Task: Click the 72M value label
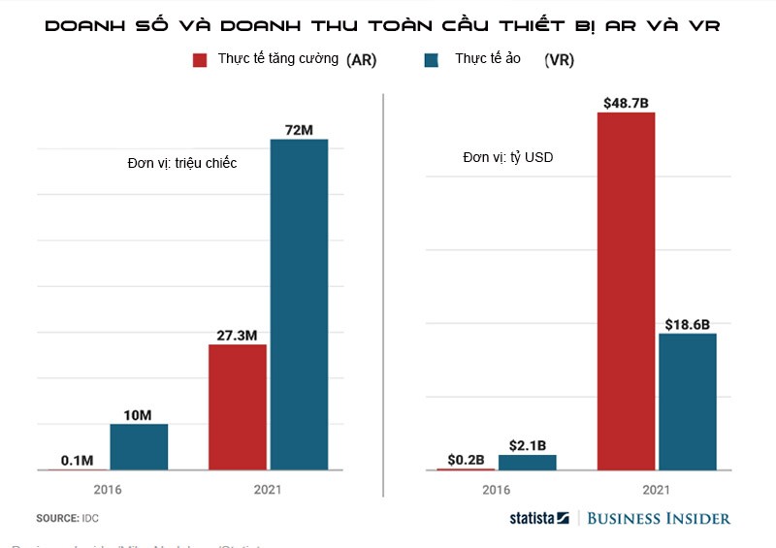pos(299,129)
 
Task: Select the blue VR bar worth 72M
pos(299,305)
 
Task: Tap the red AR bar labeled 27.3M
pos(238,406)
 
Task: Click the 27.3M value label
pos(238,335)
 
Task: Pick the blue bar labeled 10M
pos(139,446)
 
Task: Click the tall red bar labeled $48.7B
pos(626,291)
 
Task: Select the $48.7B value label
pos(626,102)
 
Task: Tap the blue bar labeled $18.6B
pos(688,402)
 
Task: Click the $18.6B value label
pos(688,324)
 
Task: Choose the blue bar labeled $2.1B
pos(528,462)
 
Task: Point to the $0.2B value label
pos(466,459)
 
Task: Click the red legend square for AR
pos(200,60)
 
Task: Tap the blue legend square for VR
pos(433,60)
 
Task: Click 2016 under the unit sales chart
pos(107,489)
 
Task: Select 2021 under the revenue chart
pos(657,489)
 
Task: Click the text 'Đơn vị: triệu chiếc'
pos(181,163)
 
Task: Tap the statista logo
pos(538,518)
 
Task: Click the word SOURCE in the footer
pos(57,519)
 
